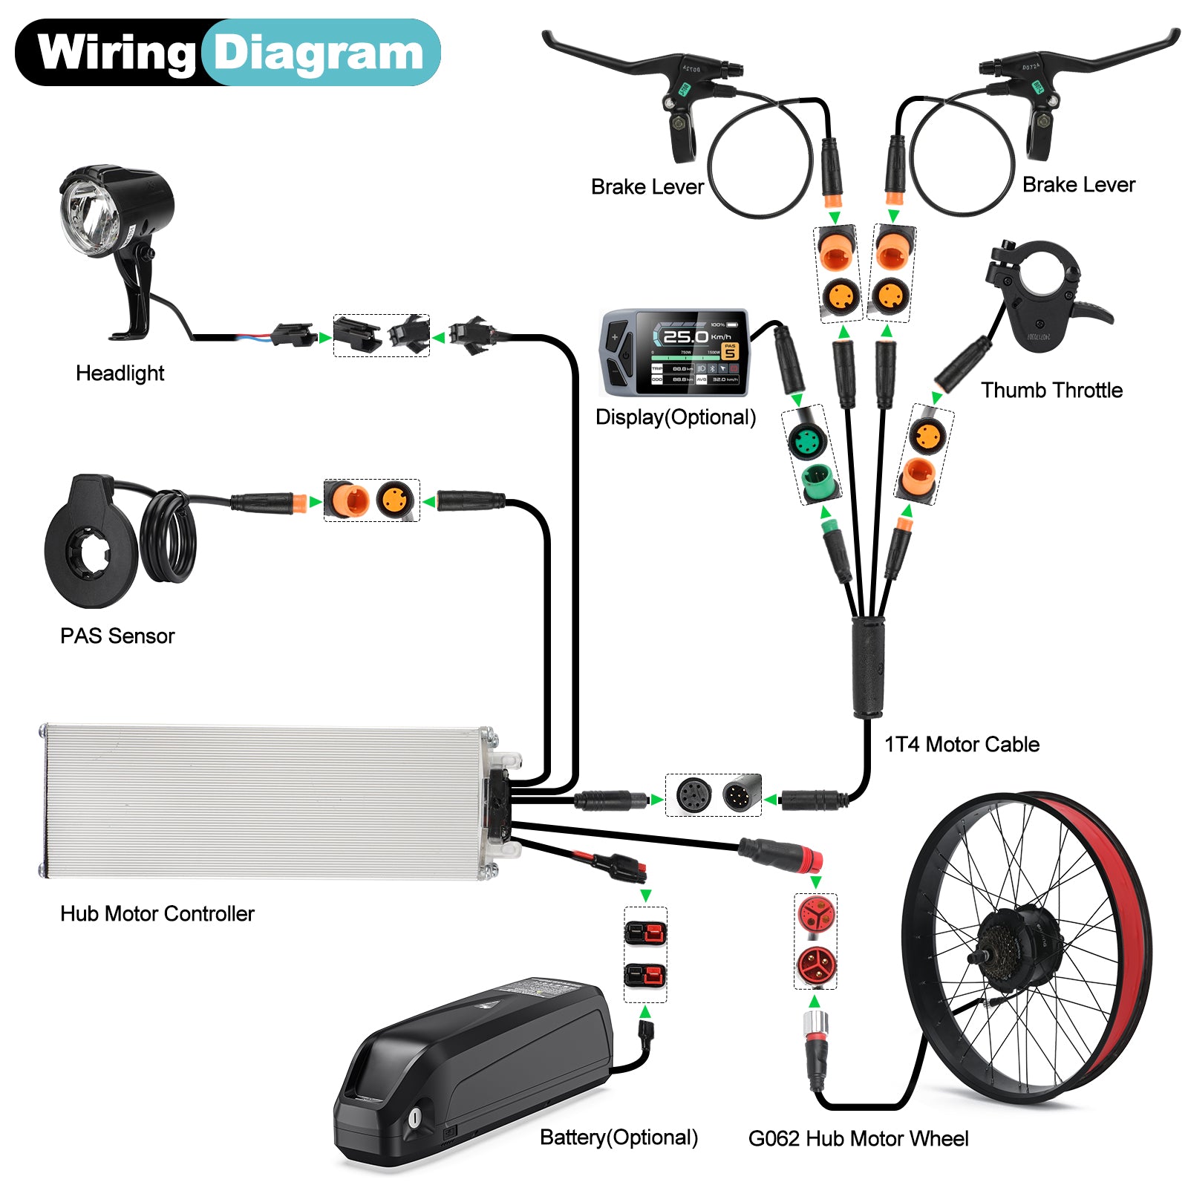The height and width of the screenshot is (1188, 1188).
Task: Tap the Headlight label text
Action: [x=120, y=373]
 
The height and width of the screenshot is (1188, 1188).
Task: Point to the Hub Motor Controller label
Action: [x=157, y=914]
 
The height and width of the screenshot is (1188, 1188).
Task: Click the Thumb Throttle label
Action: [x=1051, y=391]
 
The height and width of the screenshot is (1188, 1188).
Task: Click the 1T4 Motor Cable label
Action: [x=962, y=745]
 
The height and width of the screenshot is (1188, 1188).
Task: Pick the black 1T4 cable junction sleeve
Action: [x=867, y=666]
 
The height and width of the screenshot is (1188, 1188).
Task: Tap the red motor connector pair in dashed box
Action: [x=815, y=941]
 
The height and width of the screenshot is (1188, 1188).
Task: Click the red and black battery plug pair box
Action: [x=644, y=954]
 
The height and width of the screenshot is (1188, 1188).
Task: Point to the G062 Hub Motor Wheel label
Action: [x=858, y=1139]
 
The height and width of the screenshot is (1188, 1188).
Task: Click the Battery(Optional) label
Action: [x=619, y=1138]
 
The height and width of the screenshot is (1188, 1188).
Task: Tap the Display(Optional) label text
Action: [x=676, y=417]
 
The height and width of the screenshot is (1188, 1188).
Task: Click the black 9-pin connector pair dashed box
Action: [x=713, y=795]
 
